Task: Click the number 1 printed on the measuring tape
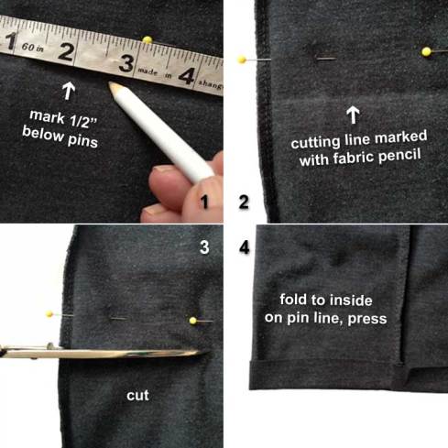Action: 11,41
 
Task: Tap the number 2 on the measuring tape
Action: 65,51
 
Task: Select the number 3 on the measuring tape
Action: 126,64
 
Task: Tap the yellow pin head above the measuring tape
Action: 147,40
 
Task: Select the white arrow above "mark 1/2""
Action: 67,90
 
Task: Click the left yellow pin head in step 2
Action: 242,60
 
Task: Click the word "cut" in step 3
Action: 137,397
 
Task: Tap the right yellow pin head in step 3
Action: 193,321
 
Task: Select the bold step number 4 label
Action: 245,247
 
